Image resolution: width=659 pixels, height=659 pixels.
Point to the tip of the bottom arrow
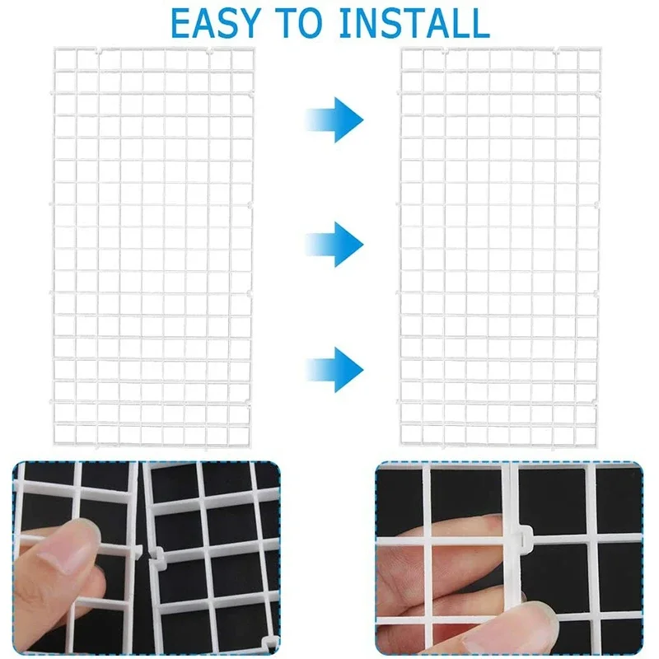(362, 363)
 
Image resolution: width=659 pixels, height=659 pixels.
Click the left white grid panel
(154, 247)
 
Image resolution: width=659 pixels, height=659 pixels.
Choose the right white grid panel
(500, 247)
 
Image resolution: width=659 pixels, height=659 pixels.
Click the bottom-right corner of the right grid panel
(600, 446)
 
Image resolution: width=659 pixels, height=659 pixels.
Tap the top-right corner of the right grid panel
(600, 49)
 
